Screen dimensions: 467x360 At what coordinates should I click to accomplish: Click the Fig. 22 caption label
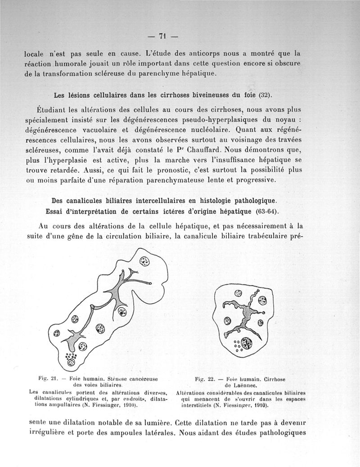click(x=203, y=379)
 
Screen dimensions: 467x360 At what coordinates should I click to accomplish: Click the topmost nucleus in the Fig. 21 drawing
click(x=145, y=261)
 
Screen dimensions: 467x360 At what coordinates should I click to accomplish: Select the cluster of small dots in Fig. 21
click(x=71, y=359)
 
